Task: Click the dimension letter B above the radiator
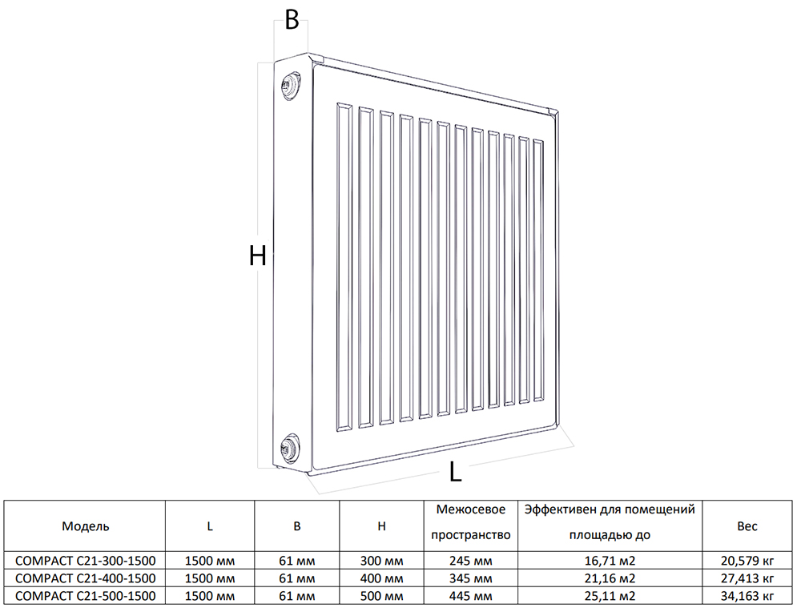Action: pyautogui.click(x=292, y=21)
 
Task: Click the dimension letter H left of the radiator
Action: pyautogui.click(x=257, y=256)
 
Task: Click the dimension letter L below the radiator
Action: pyautogui.click(x=455, y=472)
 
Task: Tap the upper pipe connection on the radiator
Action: pyautogui.click(x=292, y=85)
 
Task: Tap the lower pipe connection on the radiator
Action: pyautogui.click(x=292, y=446)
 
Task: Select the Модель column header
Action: pyautogui.click(x=86, y=526)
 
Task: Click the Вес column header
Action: pyautogui.click(x=747, y=526)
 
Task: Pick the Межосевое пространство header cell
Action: pyautogui.click(x=470, y=522)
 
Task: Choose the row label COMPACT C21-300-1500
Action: pyautogui.click(x=86, y=560)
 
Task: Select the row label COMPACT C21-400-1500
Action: pyautogui.click(x=86, y=578)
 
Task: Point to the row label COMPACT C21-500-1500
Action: pyautogui.click(x=86, y=595)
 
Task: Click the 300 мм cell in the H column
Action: pyautogui.click(x=381, y=561)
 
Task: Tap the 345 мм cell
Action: pyautogui.click(x=470, y=578)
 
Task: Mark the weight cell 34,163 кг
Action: pyautogui.click(x=747, y=595)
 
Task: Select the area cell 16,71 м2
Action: pyautogui.click(x=610, y=561)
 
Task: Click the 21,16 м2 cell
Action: pyautogui.click(x=610, y=578)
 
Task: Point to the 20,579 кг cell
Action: pyautogui.click(x=747, y=561)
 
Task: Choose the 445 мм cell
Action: pyautogui.click(x=470, y=595)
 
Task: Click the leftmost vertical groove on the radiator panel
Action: pyautogui.click(x=344, y=268)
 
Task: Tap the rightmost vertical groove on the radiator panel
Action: pyautogui.click(x=538, y=271)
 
